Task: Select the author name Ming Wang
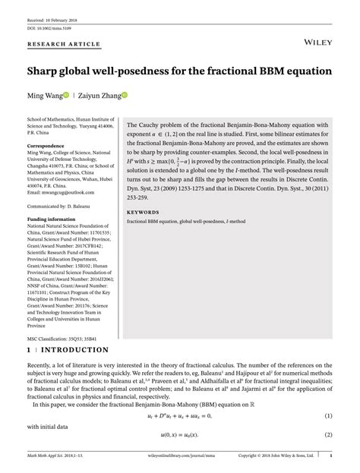(49, 96)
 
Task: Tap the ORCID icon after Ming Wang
(77, 96)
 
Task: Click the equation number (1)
(329, 416)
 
